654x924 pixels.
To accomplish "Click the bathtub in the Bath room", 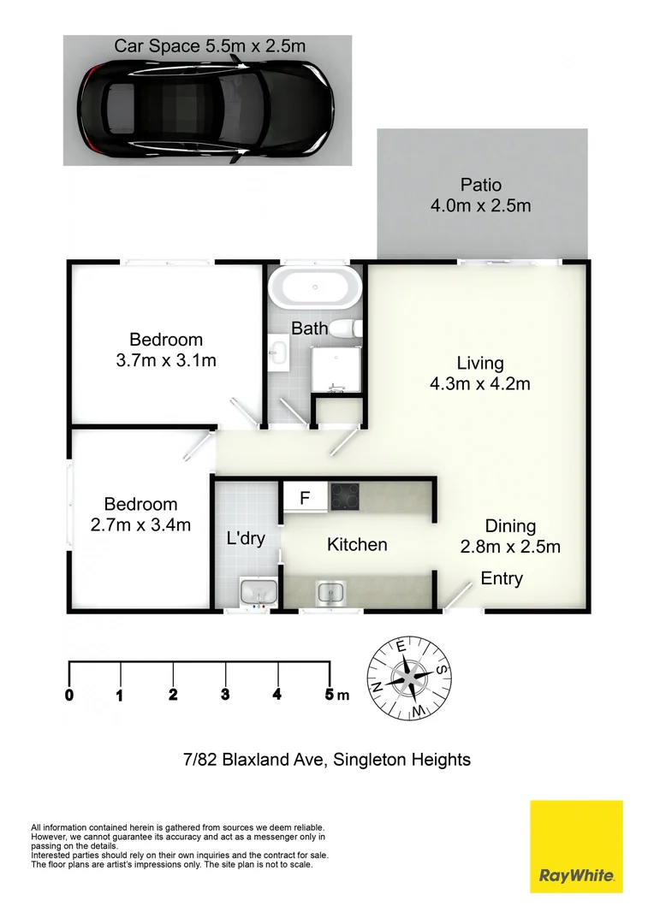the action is tap(315, 287).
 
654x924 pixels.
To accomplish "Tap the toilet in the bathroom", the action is tap(346, 329).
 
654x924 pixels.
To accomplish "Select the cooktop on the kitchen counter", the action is tap(344, 496).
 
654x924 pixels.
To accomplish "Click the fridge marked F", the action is tap(305, 497).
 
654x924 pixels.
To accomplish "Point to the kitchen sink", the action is tap(331, 592).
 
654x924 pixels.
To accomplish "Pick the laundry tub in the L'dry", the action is tap(259, 593).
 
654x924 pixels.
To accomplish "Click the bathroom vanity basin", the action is tap(278, 353).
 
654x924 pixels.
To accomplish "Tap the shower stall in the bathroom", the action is tap(336, 370).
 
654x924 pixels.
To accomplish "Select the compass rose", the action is tap(409, 678).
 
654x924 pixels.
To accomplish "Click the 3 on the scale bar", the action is tap(225, 694).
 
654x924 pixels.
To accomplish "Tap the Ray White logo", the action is tap(576, 846).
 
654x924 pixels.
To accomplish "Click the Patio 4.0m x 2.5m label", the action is tap(480, 195).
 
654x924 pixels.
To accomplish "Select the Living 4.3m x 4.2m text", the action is tap(480, 374).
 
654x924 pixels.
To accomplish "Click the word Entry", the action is tap(502, 578).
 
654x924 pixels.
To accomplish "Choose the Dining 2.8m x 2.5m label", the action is tap(510, 536).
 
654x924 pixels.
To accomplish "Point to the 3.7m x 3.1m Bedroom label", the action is tap(166, 349).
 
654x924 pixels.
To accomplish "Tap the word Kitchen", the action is tap(357, 544).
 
